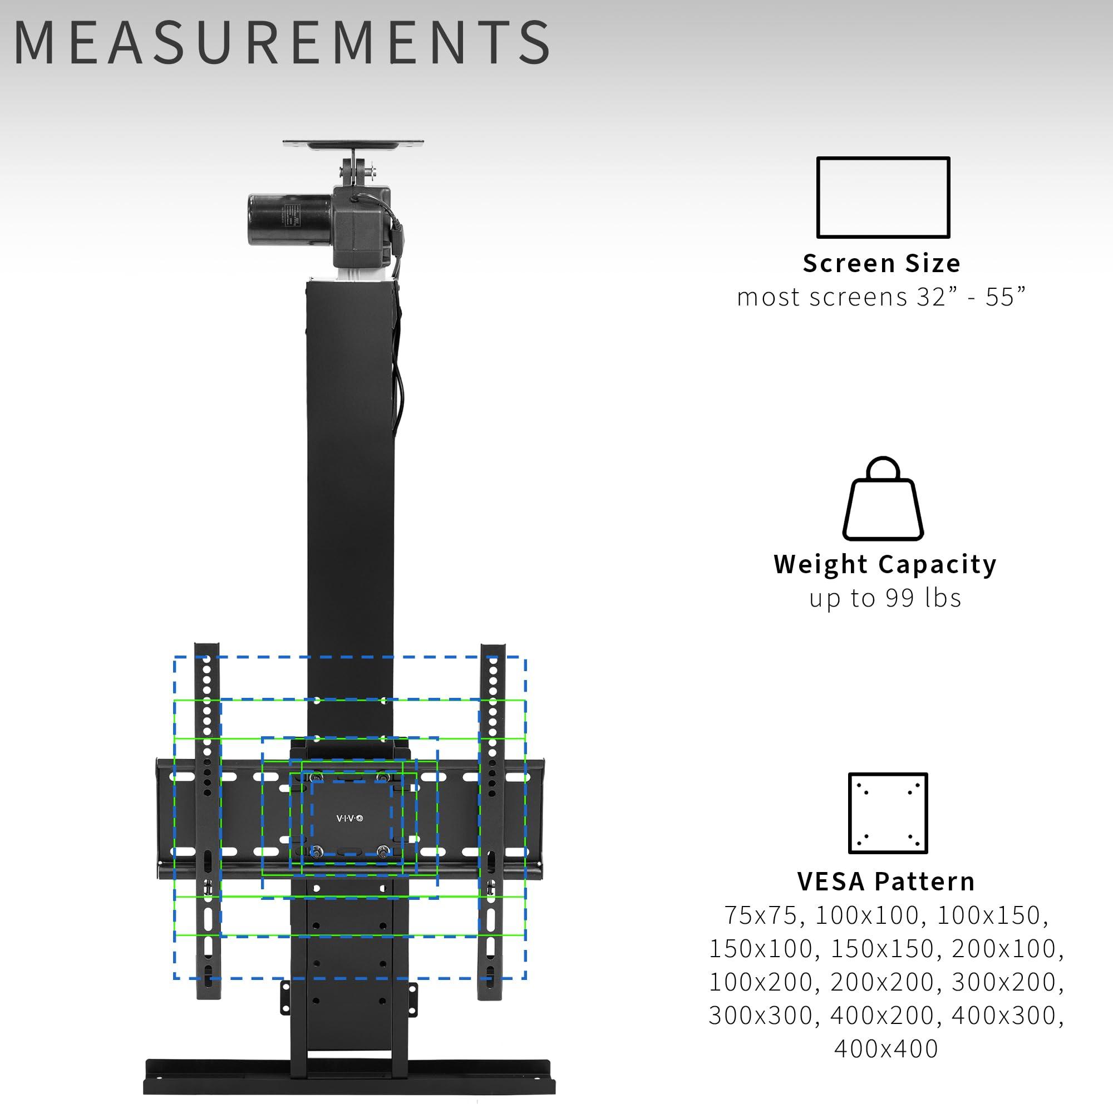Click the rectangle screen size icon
883,197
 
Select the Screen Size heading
881,263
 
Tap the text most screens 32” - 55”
881,297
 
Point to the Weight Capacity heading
885,564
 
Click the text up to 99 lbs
885,598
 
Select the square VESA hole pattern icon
888,813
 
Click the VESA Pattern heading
886,882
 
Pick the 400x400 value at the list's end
886,1048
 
